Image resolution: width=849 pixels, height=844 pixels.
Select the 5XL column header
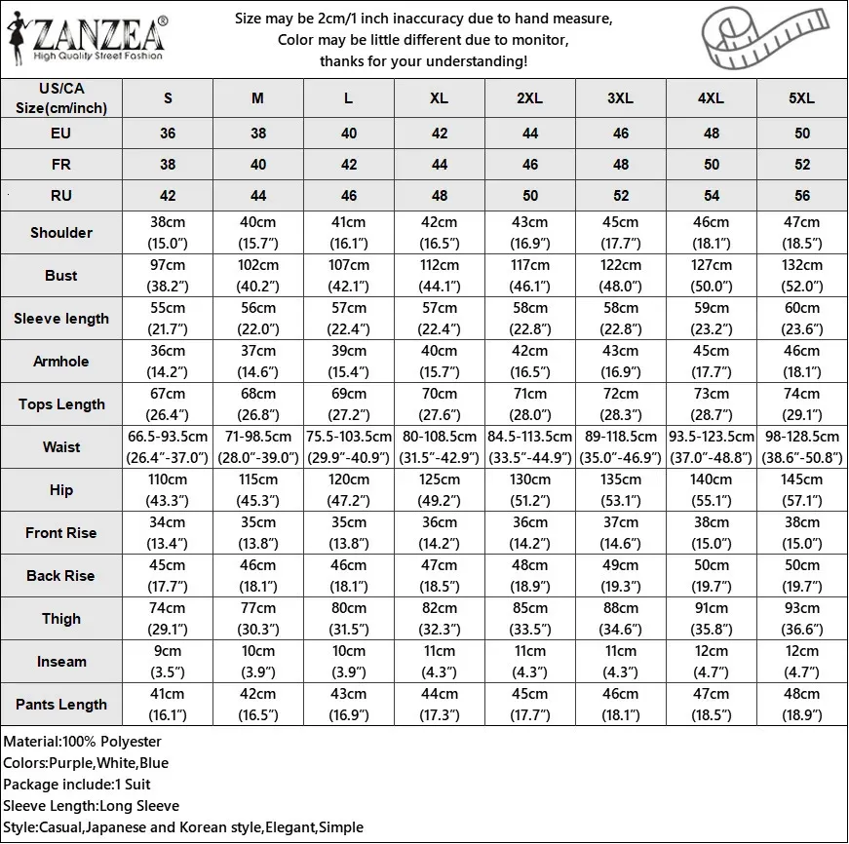pos(802,98)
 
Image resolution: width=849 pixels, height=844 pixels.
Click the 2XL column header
pos(530,98)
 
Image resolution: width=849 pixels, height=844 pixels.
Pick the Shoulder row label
pos(61,233)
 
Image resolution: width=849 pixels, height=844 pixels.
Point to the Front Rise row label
pos(61,533)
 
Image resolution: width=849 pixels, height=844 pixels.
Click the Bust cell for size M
pos(258,276)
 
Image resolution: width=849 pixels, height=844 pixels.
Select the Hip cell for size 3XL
pos(621,490)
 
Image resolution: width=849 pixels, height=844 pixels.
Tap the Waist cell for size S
pos(168,447)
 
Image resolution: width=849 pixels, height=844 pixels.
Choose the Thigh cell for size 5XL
pos(802,619)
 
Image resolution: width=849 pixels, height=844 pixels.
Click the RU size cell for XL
pos(440,196)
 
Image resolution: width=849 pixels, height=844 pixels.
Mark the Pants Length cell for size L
pos(349,705)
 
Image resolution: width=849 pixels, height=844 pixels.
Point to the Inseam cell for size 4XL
pos(712,662)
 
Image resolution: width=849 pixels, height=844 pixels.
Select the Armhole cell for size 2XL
pos(530,362)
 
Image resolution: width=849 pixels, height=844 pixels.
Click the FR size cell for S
pos(168,165)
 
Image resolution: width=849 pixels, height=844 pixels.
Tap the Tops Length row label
pos(61,404)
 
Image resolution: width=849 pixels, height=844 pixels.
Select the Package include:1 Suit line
pos(77,785)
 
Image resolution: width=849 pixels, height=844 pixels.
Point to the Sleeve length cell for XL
pos(440,319)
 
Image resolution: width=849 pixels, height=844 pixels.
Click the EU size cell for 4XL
pos(712,134)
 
